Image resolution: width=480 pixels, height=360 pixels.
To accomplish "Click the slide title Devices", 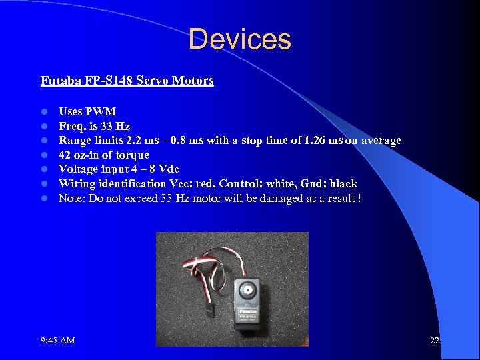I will [240, 39].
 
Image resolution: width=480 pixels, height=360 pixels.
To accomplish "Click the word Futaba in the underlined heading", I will [59, 81].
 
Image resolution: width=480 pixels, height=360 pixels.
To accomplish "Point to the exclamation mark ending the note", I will [359, 198].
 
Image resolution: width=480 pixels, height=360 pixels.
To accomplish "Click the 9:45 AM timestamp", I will [58, 341].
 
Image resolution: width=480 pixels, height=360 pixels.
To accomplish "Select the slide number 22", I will [435, 341].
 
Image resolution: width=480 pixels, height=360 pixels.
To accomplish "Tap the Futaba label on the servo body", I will [247, 309].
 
